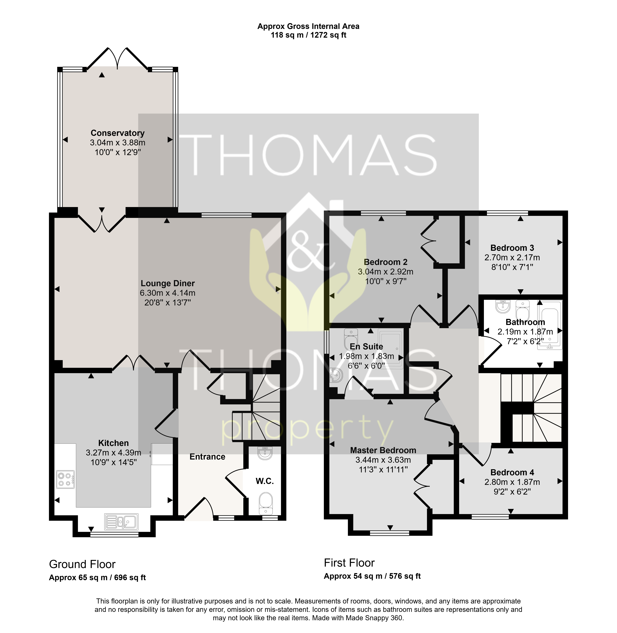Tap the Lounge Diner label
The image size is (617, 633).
(x=168, y=283)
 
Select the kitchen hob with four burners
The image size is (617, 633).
(x=65, y=479)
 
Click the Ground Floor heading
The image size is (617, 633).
(x=82, y=564)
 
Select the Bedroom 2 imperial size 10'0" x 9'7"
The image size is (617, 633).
(x=386, y=281)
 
